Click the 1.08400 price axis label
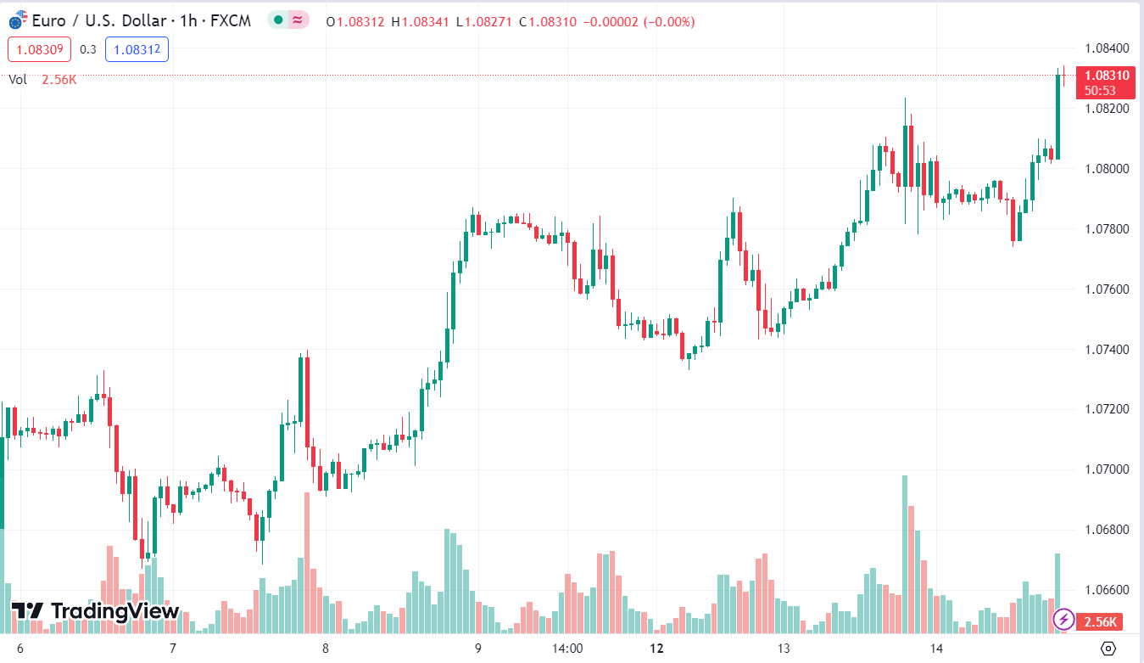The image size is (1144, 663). pyautogui.click(x=1107, y=48)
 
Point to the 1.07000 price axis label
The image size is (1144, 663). pyautogui.click(x=1107, y=469)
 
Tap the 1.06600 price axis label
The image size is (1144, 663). pyautogui.click(x=1107, y=590)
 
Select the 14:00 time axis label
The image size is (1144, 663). pyautogui.click(x=567, y=649)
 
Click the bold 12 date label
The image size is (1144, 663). pyautogui.click(x=656, y=649)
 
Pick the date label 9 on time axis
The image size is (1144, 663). pyautogui.click(x=478, y=649)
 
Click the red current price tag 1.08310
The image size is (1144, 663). pyautogui.click(x=1106, y=76)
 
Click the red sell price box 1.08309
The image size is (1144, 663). pyautogui.click(x=40, y=49)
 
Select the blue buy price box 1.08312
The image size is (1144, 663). pyautogui.click(x=137, y=49)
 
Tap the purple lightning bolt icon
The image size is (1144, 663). pyautogui.click(x=1063, y=621)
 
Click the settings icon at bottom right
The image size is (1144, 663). pyautogui.click(x=1108, y=649)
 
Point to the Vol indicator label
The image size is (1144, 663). pyautogui.click(x=18, y=80)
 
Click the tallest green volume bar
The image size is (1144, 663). pyautogui.click(x=905, y=552)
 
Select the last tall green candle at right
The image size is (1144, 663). pyautogui.click(x=1058, y=116)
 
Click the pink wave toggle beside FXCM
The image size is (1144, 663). pyautogui.click(x=298, y=20)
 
